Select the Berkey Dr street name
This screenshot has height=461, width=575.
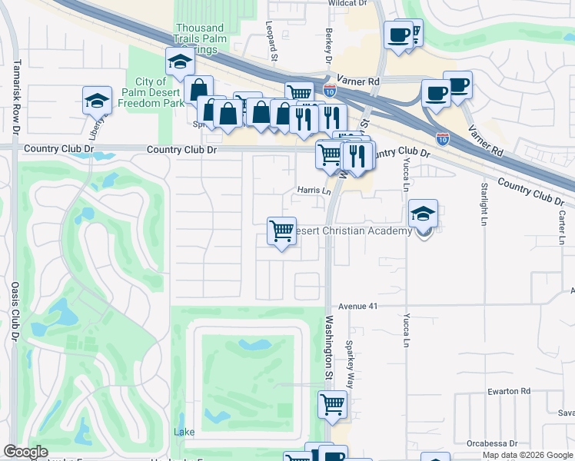coord(327,48)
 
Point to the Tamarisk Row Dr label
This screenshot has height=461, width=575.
coord(15,95)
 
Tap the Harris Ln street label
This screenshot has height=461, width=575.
coord(314,191)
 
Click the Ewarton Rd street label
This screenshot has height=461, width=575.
coord(509,391)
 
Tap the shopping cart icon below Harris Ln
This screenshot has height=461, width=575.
coord(282,230)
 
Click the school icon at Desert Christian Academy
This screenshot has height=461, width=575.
coord(423,213)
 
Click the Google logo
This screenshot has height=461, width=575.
coord(25,452)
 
